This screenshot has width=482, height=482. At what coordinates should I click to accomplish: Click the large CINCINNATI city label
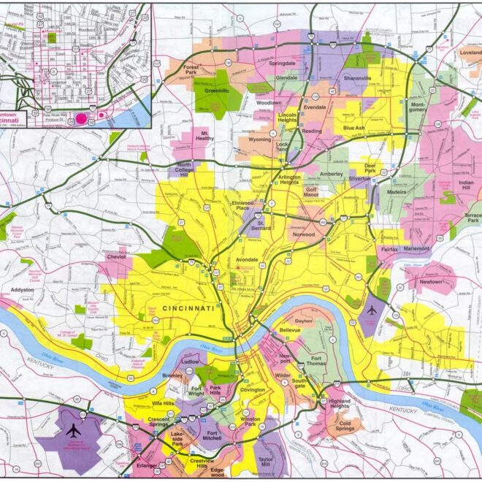[188, 309]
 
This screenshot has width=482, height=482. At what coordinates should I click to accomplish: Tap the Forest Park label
[191, 70]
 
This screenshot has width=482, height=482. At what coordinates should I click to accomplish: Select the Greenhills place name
[216, 92]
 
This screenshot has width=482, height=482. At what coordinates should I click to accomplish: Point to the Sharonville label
[358, 77]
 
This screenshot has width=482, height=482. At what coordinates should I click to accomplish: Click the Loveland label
[470, 53]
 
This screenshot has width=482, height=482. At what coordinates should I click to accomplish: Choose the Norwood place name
[303, 234]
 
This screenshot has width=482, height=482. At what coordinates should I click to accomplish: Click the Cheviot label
[118, 257]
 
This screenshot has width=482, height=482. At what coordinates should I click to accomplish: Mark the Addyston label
[22, 290]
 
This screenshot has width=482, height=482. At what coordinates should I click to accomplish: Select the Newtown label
[431, 281]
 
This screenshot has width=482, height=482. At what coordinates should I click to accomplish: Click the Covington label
[253, 390]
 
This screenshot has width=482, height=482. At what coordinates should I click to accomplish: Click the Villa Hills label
[164, 403]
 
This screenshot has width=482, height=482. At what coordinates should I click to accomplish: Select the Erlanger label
[146, 465]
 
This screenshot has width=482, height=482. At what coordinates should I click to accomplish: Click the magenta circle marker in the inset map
[81, 116]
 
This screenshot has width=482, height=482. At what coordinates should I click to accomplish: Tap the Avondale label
[248, 260]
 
